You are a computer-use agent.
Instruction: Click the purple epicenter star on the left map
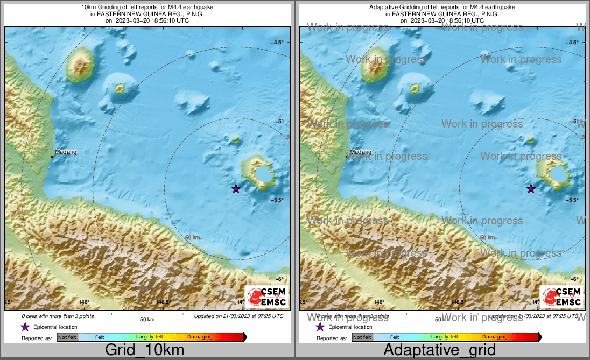(x=236, y=188)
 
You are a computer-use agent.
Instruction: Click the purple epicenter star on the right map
(x=531, y=188)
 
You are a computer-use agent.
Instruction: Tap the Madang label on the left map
(x=66, y=152)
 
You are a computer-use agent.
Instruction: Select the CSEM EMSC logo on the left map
(x=267, y=298)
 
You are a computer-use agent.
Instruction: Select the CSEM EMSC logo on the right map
(x=562, y=298)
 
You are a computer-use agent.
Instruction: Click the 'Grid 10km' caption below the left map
(x=144, y=350)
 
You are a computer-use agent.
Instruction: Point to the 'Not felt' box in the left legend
(x=67, y=337)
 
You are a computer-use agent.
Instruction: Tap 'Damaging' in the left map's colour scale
(x=200, y=337)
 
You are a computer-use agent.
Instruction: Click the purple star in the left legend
(x=25, y=327)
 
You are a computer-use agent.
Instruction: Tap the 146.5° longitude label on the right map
(x=458, y=302)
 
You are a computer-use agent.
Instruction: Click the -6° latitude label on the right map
(x=574, y=279)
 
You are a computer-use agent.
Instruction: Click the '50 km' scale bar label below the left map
(x=147, y=320)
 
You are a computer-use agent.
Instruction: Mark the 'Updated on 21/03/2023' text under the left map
(x=238, y=316)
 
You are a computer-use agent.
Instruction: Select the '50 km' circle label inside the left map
(x=193, y=237)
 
